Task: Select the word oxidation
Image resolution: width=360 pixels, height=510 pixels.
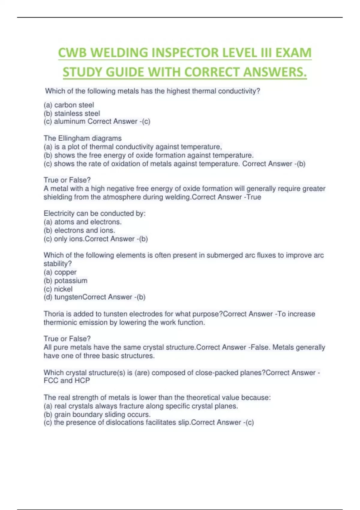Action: (127, 164)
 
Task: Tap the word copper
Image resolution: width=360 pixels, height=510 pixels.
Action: (65, 272)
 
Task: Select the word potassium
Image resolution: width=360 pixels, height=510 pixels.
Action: (71, 281)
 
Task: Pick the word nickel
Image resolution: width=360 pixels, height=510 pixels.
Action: (63, 289)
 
